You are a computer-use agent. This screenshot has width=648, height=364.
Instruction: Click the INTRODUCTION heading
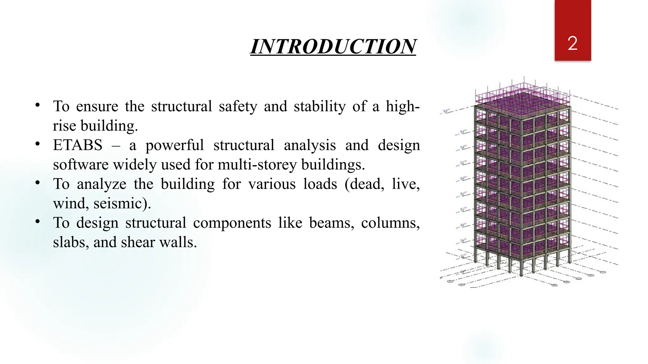point(333,47)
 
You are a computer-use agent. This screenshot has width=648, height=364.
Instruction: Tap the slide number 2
point(572,43)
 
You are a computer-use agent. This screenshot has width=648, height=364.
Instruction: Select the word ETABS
point(78,145)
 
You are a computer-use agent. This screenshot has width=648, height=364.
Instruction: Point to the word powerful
point(175,145)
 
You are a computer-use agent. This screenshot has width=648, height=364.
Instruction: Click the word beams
point(331,223)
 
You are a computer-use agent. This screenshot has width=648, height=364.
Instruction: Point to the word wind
point(71,203)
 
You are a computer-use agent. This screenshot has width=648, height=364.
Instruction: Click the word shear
point(138,242)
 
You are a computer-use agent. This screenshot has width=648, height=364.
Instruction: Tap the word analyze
point(101,184)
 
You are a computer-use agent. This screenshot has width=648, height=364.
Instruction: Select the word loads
point(320,184)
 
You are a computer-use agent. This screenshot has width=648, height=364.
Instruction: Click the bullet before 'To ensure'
point(38,105)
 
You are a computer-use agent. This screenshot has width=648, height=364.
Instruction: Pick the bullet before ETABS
point(38,144)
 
